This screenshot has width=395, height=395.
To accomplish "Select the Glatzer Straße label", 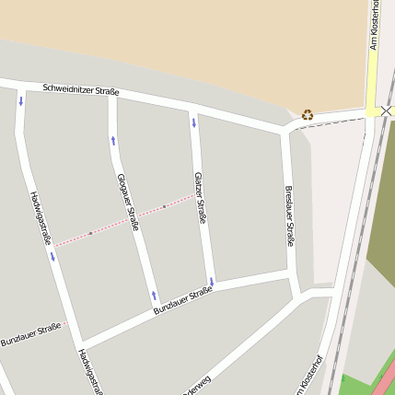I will (199, 197).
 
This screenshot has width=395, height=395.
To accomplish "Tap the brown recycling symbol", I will (307, 115).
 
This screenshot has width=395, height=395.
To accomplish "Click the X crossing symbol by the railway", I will (385, 110).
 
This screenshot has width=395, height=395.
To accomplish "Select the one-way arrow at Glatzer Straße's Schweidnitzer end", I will (193, 122).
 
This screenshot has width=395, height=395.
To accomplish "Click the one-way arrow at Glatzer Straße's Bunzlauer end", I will (211, 281).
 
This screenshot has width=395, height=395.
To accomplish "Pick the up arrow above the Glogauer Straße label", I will (113, 140).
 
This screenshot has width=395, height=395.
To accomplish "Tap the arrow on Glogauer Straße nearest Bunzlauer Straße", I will (154, 296).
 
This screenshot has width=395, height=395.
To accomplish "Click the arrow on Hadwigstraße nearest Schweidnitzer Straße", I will (20, 100).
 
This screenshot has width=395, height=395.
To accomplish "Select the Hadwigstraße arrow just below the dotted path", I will (52, 257).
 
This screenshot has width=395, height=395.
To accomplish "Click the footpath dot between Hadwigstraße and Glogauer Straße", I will (90, 233).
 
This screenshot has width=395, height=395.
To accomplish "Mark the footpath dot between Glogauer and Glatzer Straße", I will (164, 206).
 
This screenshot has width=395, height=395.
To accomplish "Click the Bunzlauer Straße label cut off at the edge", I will (30, 334).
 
